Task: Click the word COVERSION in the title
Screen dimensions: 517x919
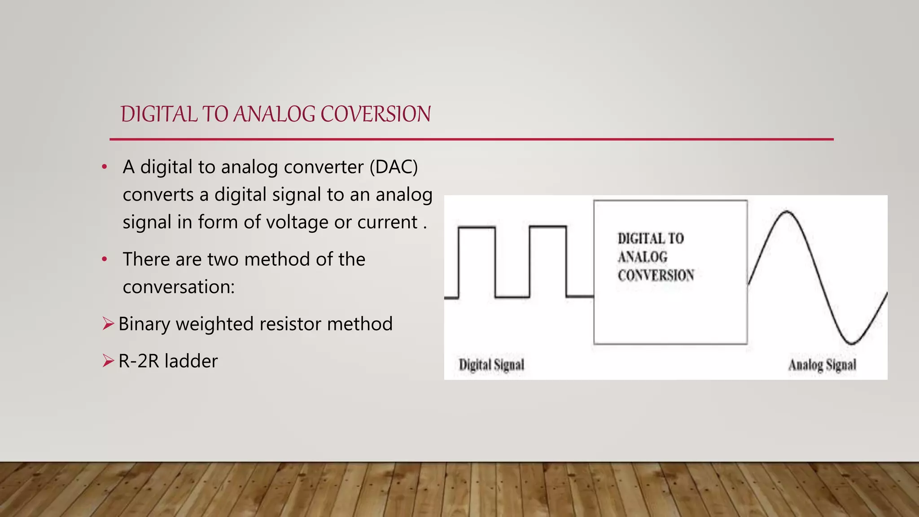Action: pos(376,114)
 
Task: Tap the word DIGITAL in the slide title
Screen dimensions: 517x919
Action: pos(159,114)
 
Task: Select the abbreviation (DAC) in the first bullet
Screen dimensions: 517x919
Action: pos(394,167)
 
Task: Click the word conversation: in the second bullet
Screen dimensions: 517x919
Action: pos(179,287)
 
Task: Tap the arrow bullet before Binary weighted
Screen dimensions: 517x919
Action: pos(108,324)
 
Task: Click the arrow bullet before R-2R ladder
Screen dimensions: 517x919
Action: pos(108,360)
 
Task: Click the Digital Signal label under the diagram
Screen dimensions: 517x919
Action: pos(491,364)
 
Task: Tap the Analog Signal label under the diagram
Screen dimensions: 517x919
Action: pos(822,365)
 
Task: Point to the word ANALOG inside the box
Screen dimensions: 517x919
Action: pos(642,257)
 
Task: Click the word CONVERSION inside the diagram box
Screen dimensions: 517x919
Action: pos(656,275)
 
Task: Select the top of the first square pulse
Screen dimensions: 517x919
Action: pos(477,228)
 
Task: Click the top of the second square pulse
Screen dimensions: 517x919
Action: pos(547,227)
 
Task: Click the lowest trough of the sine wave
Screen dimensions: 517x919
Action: pos(852,344)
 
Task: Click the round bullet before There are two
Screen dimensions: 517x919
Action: pos(105,259)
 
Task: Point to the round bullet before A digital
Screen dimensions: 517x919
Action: pos(105,167)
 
